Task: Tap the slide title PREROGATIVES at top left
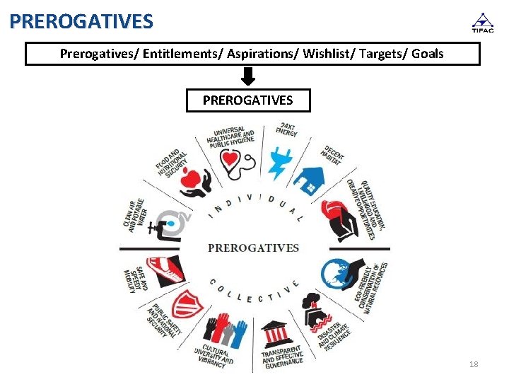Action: click(81, 21)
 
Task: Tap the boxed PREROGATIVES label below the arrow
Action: click(247, 100)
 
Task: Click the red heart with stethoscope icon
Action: click(234, 161)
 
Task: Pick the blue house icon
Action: click(309, 181)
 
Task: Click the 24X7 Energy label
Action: click(287, 130)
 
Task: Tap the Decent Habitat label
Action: click(334, 153)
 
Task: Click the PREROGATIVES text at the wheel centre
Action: click(254, 248)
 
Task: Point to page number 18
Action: click(474, 364)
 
